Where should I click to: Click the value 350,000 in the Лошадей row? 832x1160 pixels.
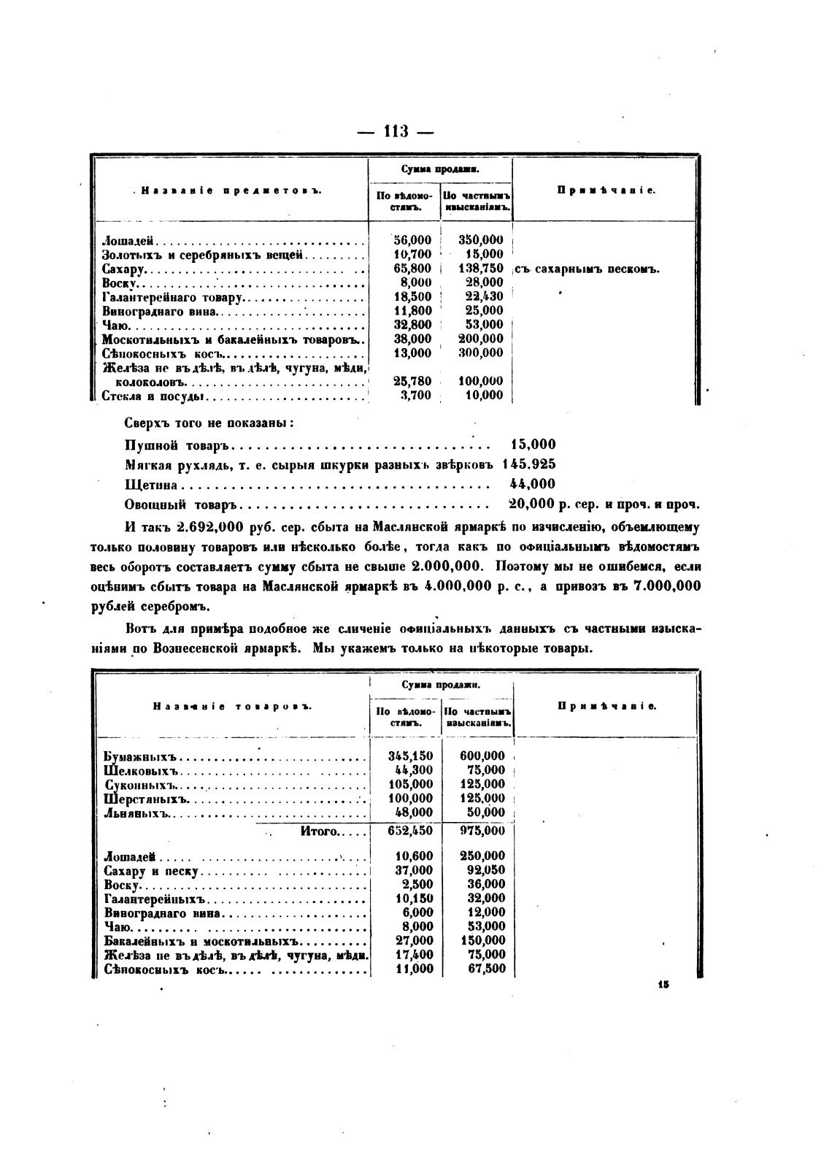click(481, 240)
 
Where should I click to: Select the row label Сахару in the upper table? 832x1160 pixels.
click(121, 269)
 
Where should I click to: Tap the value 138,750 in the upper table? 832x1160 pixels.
click(481, 269)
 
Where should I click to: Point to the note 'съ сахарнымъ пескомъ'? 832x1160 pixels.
click(588, 269)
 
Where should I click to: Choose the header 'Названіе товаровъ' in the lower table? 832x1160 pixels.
click(232, 707)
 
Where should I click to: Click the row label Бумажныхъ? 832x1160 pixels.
click(142, 756)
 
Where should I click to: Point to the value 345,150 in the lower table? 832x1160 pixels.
click(410, 756)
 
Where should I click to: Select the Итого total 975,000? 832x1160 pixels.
click(482, 831)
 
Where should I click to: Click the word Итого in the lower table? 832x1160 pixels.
click(319, 831)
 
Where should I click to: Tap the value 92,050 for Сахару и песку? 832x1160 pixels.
click(482, 870)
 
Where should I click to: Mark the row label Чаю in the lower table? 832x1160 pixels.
click(118, 927)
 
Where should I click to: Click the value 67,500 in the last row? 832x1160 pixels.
click(485, 969)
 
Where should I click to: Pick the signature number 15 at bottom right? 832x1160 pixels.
click(663, 984)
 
